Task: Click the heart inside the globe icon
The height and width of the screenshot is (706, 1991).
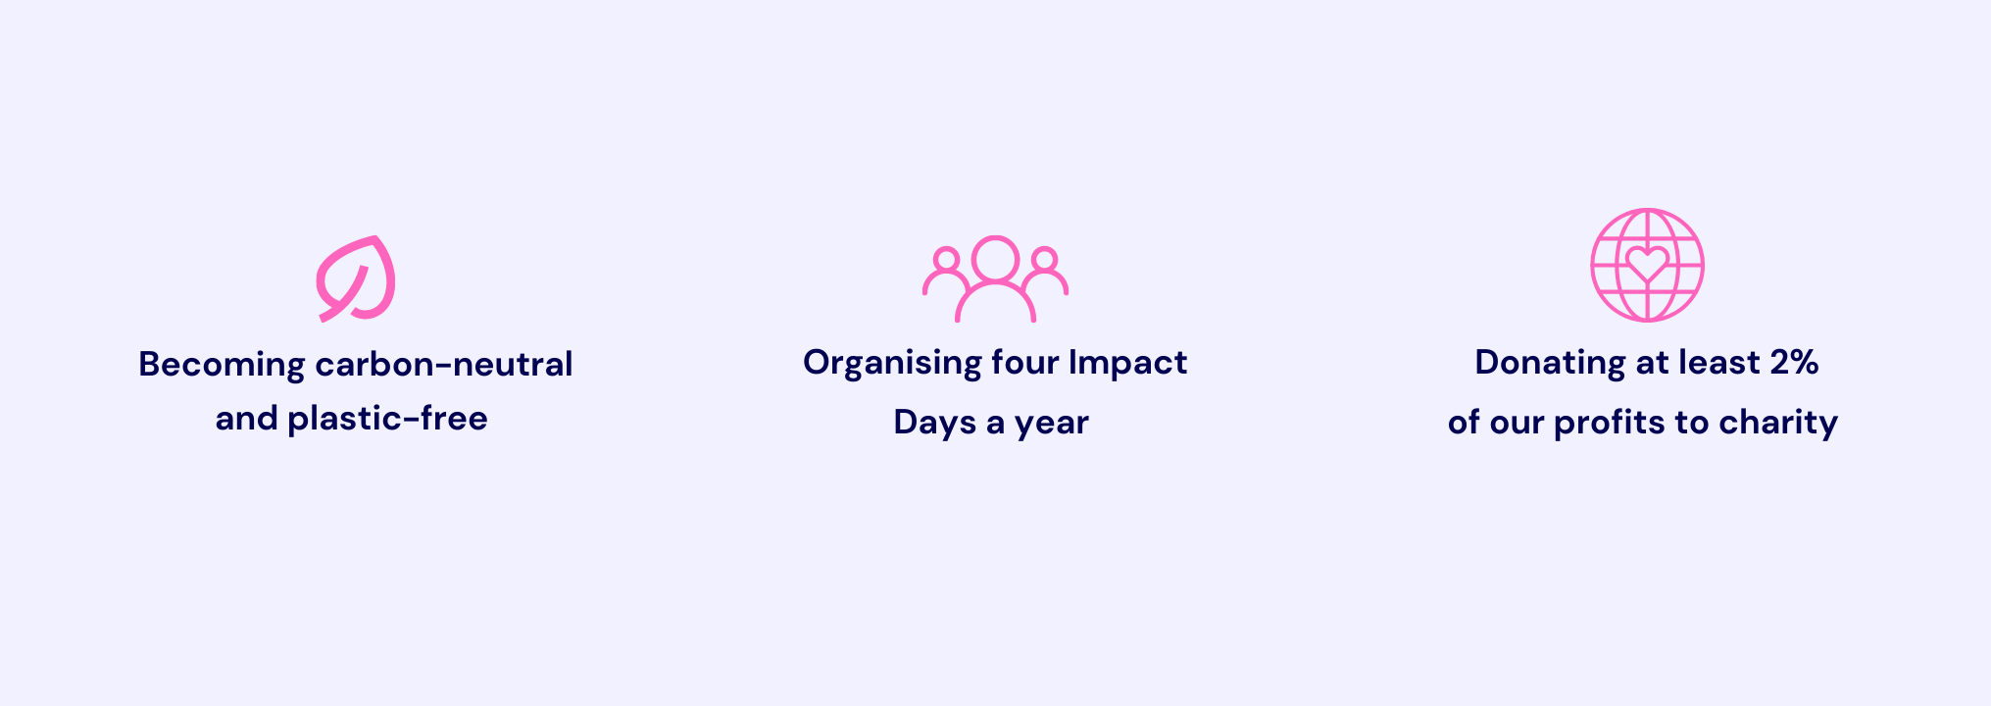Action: (1647, 264)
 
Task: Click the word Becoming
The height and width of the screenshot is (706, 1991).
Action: (222, 366)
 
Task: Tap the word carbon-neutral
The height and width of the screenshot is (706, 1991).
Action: (444, 365)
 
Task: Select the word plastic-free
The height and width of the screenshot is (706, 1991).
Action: (387, 420)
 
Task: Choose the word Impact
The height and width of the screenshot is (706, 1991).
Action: (1127, 364)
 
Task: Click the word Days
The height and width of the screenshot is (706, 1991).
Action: (935, 423)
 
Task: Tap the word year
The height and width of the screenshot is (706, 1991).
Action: (1052, 424)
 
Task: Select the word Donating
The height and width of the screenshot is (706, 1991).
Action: (1550, 364)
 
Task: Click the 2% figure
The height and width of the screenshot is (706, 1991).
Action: (1794, 363)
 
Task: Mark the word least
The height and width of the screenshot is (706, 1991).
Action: (1719, 363)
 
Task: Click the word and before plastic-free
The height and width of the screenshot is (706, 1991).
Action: (246, 420)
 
